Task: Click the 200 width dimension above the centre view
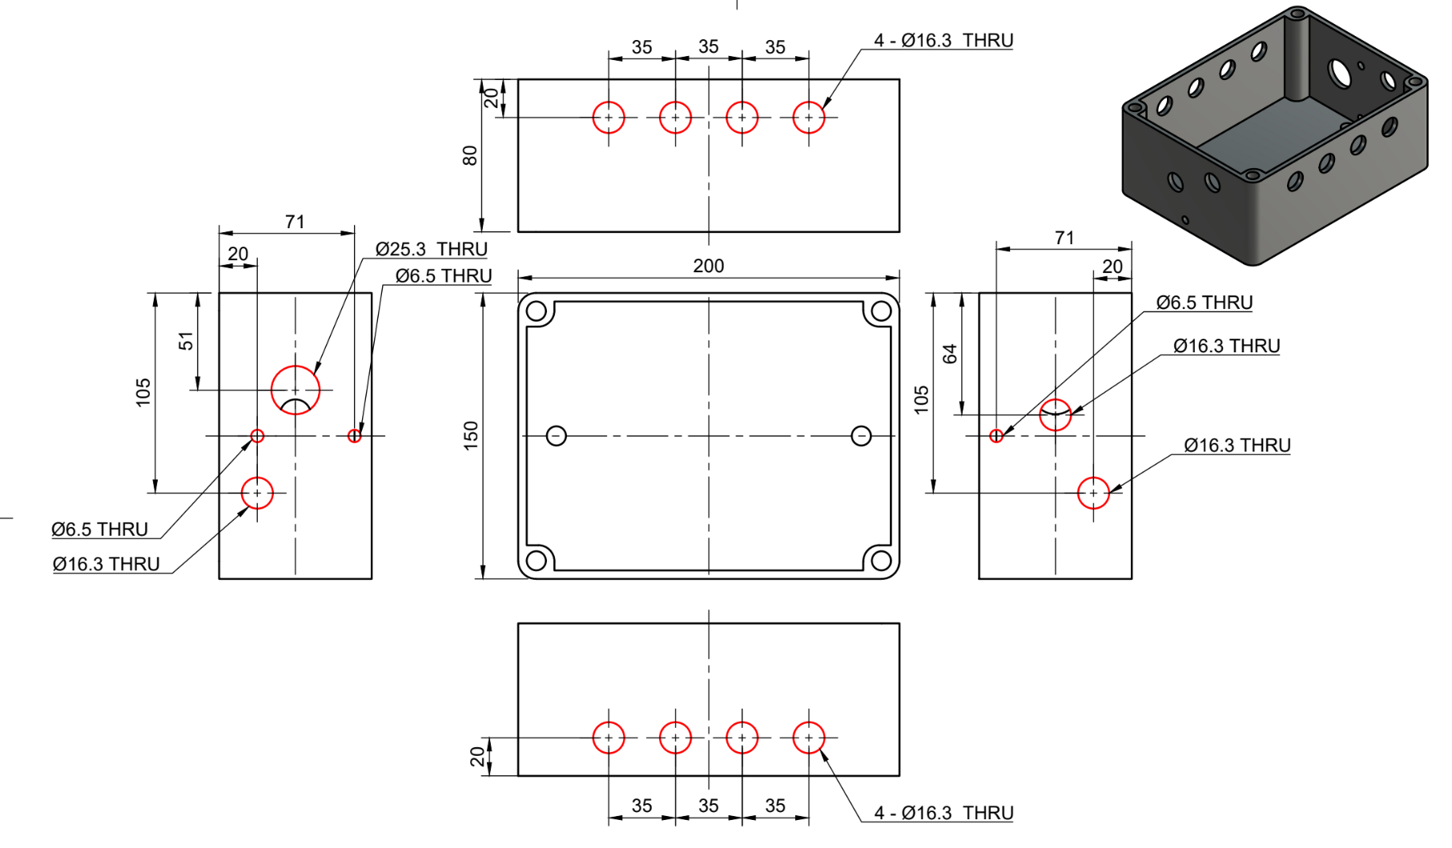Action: pos(708,266)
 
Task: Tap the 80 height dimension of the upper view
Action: pos(470,155)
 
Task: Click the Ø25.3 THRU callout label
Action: pos(431,249)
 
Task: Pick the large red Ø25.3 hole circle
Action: pos(296,390)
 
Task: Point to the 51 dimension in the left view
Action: pos(186,341)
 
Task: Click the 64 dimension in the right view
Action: pos(950,353)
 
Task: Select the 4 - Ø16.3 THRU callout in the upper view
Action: pos(943,40)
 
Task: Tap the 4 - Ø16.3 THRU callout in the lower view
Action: pos(943,813)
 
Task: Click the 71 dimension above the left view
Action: pos(295,222)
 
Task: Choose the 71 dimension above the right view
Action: pos(1064,238)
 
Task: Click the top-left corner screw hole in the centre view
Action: pos(537,311)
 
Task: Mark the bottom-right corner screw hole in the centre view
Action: pos(881,560)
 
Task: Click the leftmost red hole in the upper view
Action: pos(609,118)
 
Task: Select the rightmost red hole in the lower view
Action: pos(809,737)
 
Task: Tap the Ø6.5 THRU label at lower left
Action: pos(100,529)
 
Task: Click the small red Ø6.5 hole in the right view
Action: pos(996,436)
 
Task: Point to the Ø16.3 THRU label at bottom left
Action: pos(107,565)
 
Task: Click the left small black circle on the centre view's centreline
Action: pos(557,436)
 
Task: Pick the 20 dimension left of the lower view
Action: pos(477,757)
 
